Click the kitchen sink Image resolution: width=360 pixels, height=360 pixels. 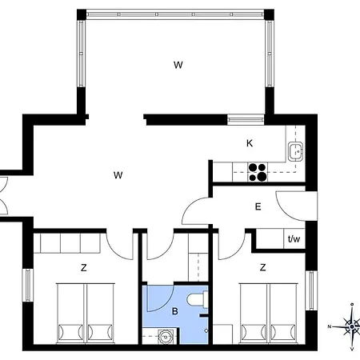coord(295,152)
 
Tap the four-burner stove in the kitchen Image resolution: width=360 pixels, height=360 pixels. coord(258,172)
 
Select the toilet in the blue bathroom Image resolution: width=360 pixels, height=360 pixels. coord(198,299)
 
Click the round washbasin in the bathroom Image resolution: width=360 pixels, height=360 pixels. coord(166,337)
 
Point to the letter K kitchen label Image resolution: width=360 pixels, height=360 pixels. coord(250,143)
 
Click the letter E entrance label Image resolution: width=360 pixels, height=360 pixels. coord(258,206)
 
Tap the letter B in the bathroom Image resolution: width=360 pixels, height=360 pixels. coord(175,311)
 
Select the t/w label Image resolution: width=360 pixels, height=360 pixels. coord(294,238)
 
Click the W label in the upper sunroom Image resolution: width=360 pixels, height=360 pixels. coord(178,65)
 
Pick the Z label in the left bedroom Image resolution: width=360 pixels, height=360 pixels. coord(84,267)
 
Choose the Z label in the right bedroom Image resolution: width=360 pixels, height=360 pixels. coord(263,267)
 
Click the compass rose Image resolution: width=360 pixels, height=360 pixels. coord(351,326)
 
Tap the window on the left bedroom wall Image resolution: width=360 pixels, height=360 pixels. coord(28,285)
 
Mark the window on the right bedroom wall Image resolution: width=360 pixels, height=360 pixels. coord(311,290)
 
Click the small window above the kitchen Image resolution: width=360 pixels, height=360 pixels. coord(246,119)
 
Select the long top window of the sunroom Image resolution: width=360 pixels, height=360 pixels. coord(175,14)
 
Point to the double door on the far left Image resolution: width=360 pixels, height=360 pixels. coord(4,195)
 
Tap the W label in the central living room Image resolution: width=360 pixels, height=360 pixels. coord(118,175)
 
